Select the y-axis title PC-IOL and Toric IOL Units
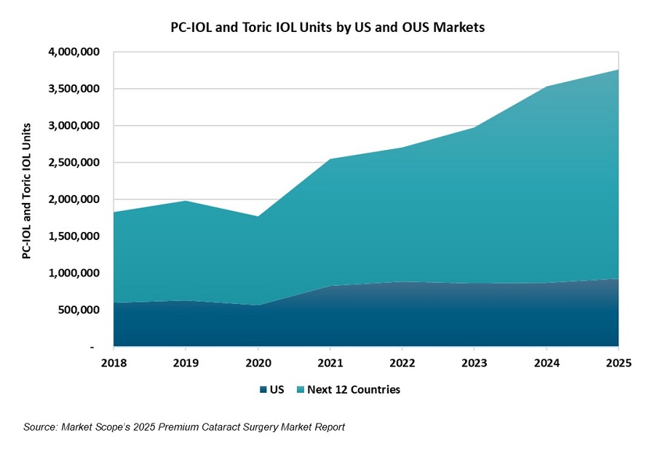coord(26,199)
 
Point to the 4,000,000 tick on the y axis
coord(71,52)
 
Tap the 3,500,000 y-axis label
coord(71,89)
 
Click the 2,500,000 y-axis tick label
coord(71,163)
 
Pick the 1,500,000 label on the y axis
coord(71,236)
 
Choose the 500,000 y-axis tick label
coord(76,310)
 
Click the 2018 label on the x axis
coord(114,361)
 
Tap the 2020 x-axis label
coord(258,361)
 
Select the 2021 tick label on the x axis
coord(330,361)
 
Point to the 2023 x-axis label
coord(475,361)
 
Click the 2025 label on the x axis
coord(618,361)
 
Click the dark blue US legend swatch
coord(262,390)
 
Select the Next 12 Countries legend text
coord(354,390)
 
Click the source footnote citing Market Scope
coord(184,427)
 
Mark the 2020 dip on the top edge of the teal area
coord(258,216)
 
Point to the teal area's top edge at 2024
coord(547,87)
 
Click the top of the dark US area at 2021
coord(330,286)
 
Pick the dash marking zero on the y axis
coord(92,348)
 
